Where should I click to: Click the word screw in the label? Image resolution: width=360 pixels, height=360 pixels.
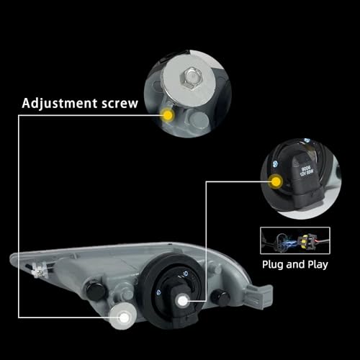[117, 104]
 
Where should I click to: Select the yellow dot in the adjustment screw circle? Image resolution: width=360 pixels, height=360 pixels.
[168, 115]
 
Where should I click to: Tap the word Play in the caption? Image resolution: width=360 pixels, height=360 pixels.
[315, 264]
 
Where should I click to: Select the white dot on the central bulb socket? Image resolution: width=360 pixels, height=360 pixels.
[186, 300]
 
